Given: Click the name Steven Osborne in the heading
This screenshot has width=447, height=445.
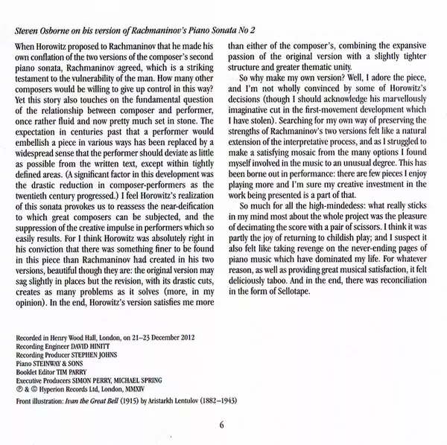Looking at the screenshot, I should [45, 30].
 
